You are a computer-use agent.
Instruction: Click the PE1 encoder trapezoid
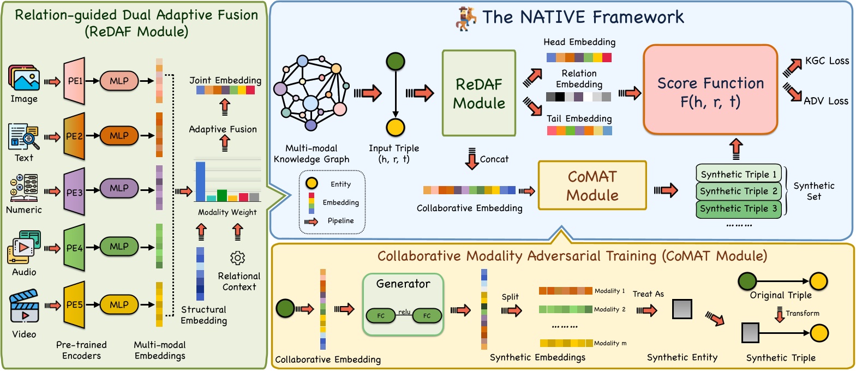74,81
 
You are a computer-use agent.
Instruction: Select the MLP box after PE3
119,188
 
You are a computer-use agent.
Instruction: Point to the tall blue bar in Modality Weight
200,182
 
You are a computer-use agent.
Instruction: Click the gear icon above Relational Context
237,258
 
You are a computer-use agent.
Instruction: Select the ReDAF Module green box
478,93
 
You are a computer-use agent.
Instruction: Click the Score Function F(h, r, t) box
710,90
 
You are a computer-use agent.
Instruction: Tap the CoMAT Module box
592,185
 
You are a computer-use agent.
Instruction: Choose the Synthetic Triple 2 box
739,192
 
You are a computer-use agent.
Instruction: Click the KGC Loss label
827,61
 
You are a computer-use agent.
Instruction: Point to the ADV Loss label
825,101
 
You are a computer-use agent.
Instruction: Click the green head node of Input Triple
395,61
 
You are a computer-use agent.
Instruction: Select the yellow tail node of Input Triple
395,127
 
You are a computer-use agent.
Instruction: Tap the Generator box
403,304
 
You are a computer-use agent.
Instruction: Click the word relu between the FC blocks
404,312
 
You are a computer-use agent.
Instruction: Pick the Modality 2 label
609,309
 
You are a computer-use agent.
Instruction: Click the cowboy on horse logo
466,17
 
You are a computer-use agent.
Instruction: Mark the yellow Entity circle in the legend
312,184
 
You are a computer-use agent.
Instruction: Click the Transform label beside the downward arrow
802,313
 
